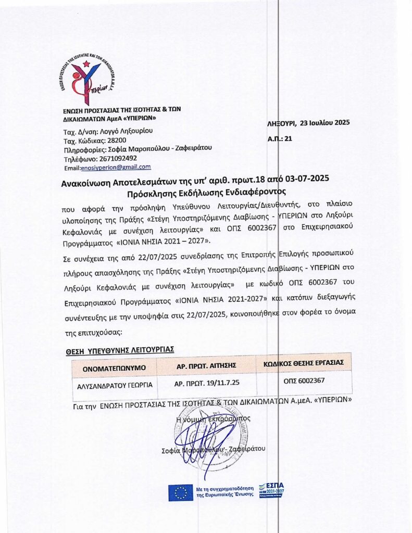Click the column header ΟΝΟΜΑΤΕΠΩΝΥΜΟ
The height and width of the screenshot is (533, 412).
[x=114, y=369]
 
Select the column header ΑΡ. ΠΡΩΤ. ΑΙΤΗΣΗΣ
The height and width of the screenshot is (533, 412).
[x=207, y=366]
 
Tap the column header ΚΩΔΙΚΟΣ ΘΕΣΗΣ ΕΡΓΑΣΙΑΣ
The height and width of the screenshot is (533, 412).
[x=304, y=362]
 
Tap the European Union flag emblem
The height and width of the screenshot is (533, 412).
[x=180, y=492]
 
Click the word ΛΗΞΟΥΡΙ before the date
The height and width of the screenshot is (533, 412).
[x=280, y=123]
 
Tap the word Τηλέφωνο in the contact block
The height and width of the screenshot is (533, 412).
[x=79, y=158]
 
